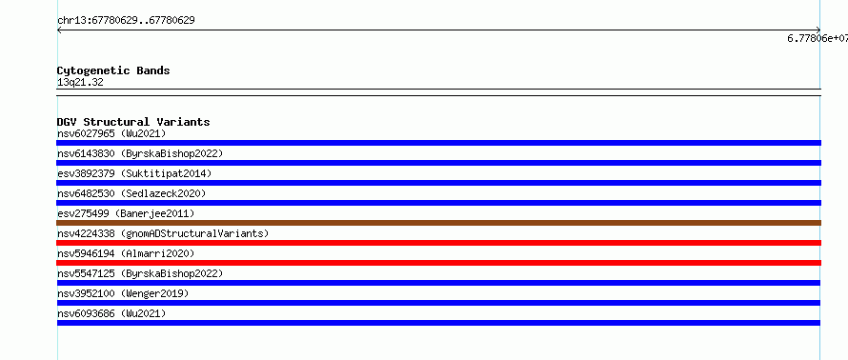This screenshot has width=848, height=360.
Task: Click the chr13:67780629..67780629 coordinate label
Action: tap(126, 21)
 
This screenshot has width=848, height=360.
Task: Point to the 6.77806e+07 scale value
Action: tap(818, 38)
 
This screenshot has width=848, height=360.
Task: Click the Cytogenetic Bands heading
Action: tap(113, 70)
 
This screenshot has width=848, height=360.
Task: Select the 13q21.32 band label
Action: tap(80, 83)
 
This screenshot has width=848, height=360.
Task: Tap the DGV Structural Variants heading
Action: tap(133, 122)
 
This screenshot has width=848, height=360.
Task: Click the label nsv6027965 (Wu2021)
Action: tap(111, 133)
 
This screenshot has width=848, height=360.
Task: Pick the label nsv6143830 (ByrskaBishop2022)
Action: tap(140, 153)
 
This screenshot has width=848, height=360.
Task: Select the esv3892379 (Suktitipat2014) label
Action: tap(134, 173)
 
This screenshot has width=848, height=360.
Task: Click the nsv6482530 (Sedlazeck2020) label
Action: tap(131, 193)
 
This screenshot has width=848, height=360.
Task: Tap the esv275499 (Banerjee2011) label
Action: tap(126, 213)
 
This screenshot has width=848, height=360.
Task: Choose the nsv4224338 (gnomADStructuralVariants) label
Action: tap(163, 233)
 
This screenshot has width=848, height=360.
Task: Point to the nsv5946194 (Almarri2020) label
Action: tap(126, 253)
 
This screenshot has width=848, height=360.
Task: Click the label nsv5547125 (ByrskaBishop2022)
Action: tap(140, 273)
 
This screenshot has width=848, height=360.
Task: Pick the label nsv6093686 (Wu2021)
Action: tap(111, 313)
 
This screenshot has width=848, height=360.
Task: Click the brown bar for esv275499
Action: tap(438, 223)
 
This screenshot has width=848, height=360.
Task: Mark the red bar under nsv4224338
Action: tap(438, 243)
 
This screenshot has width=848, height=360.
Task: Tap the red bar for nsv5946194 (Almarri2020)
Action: tap(438, 263)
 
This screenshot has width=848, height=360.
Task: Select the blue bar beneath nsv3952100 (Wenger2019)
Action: tap(438, 303)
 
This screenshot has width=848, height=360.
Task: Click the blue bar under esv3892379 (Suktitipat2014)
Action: tap(438, 183)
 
